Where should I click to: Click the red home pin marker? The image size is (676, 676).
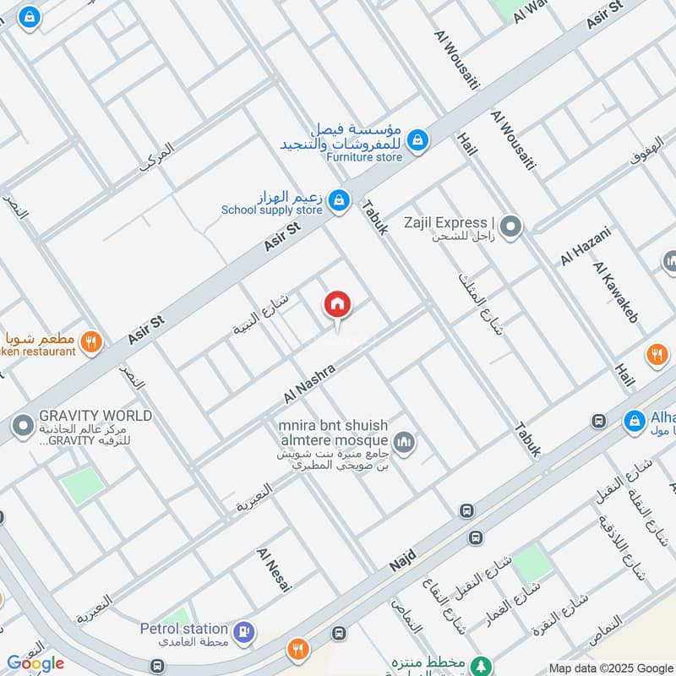[337, 304]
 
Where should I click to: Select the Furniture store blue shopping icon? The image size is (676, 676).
[416, 139]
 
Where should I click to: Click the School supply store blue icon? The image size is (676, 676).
[338, 199]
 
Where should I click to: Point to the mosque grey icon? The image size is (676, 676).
[404, 440]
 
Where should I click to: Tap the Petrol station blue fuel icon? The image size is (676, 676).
[244, 630]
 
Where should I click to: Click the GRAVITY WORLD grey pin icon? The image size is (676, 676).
[22, 422]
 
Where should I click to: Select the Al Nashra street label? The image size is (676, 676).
[310, 383]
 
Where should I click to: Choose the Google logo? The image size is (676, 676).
[35, 663]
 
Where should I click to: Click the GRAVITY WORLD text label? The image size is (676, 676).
[95, 416]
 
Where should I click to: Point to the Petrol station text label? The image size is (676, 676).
[184, 629]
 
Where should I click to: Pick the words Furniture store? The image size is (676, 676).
[364, 156]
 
